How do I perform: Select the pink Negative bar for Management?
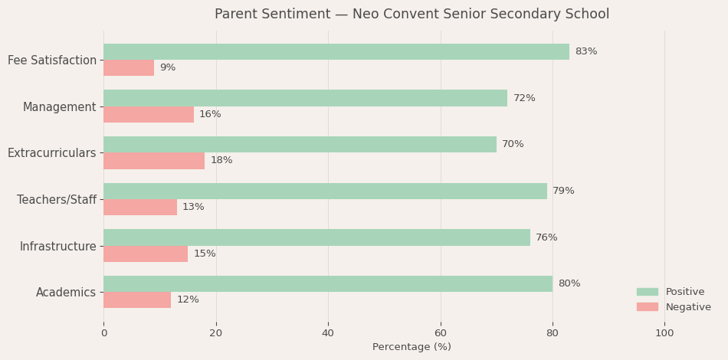click(x=149, y=115)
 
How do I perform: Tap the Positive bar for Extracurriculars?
click(x=300, y=145)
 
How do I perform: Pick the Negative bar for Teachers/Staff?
click(x=140, y=208)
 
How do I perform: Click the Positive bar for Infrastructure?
click(x=316, y=237)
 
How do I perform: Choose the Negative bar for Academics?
click(x=137, y=300)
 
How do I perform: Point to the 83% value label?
click(x=586, y=52)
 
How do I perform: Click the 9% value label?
click(x=168, y=68)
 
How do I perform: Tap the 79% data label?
click(x=563, y=191)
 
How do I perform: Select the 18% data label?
click(x=221, y=161)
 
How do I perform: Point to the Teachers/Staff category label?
click(x=57, y=200)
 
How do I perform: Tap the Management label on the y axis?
click(x=60, y=107)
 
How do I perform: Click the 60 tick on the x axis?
click(x=441, y=333)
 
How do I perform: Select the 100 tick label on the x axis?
click(x=664, y=333)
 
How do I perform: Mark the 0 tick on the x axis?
click(x=104, y=333)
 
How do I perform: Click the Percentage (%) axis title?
click(x=412, y=348)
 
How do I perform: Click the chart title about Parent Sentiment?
click(x=412, y=15)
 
